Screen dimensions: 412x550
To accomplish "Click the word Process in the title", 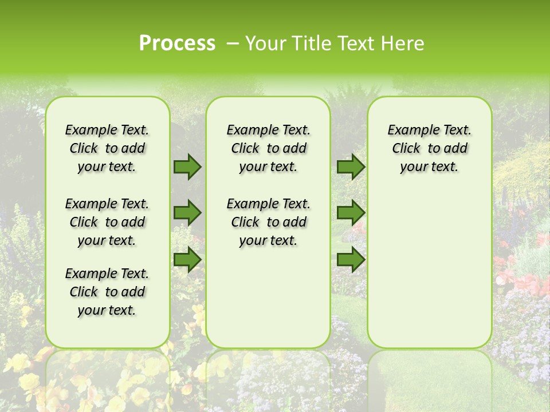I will (177, 43).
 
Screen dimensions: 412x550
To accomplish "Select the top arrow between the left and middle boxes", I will (187, 167).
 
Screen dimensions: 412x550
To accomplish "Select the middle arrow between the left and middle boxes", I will (187, 213).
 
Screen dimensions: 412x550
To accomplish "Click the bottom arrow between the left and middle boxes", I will (187, 259).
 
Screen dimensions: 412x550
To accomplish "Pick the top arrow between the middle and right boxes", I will (351, 167).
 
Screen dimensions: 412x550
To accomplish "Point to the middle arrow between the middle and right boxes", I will (351, 213).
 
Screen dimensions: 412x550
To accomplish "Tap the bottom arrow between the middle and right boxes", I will (351, 259).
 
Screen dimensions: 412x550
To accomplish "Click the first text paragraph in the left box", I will (107, 148).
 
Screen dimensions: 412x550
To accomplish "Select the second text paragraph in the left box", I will (107, 222).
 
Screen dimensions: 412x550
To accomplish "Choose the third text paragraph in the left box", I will (107, 292).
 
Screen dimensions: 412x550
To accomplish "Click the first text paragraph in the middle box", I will (268, 148).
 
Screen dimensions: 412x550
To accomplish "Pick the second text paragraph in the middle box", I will (268, 222).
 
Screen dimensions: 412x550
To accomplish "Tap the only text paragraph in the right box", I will (429, 148).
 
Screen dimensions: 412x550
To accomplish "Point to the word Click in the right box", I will (406, 149).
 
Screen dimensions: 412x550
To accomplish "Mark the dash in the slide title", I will (233, 43).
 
